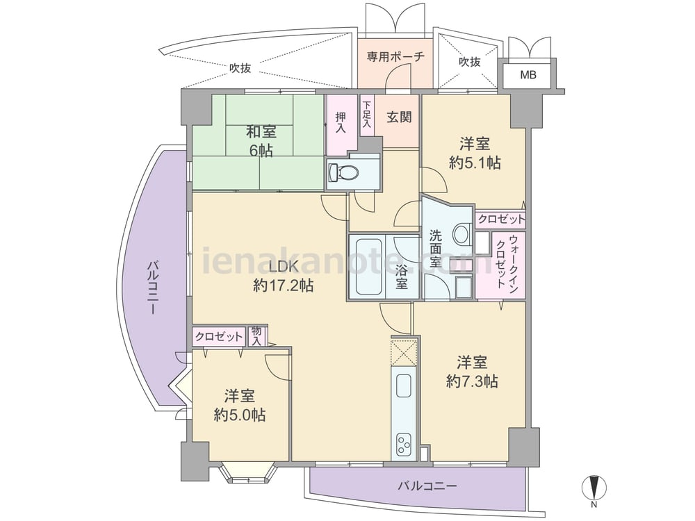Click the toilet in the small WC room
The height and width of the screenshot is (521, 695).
coord(342,172)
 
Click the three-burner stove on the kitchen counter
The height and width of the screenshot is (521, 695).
coord(404,444)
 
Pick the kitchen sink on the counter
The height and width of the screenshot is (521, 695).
coord(404,386)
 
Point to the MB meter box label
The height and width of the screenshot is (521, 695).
coord(528,75)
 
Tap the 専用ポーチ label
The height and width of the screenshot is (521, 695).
coord(396,57)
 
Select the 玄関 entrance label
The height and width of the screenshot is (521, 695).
coord(399,117)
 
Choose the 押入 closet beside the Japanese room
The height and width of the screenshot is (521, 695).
coord(341,125)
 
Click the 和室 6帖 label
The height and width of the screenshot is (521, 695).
coord(261,140)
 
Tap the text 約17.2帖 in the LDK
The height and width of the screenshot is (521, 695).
coord(284,286)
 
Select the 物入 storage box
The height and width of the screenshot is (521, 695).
coord(256,336)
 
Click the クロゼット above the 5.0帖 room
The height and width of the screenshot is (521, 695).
coord(219,337)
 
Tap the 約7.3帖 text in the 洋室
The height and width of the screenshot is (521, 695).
coord(472,381)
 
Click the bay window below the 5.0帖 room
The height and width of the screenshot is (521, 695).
coord(250,473)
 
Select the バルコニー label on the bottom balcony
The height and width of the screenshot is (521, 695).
coord(427,486)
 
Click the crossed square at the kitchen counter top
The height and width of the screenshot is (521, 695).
coord(404,353)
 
